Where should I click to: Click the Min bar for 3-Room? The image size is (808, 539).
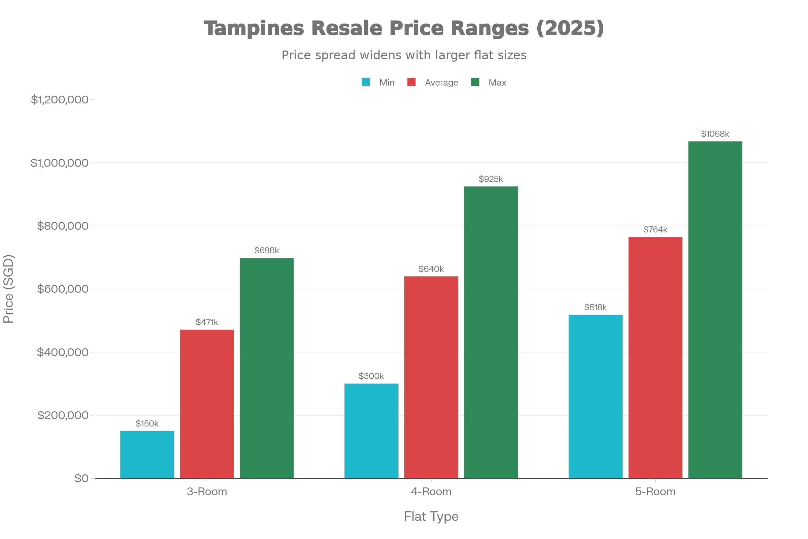click(x=147, y=454)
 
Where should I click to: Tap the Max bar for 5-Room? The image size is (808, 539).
click(x=715, y=309)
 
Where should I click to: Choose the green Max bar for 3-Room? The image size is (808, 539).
click(x=267, y=368)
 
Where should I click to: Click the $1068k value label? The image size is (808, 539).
click(x=715, y=134)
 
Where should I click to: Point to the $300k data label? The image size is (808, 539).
click(x=371, y=376)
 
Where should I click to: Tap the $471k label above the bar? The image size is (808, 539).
click(x=207, y=322)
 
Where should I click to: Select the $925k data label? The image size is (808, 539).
click(x=491, y=179)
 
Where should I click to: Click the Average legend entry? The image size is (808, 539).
click(x=441, y=83)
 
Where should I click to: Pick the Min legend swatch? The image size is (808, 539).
click(x=366, y=83)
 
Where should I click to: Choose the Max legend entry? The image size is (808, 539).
click(x=497, y=83)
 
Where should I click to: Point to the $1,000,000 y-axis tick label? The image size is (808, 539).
click(x=60, y=163)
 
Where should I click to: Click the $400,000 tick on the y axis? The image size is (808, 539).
click(x=63, y=352)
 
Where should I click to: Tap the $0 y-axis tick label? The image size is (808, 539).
click(x=81, y=478)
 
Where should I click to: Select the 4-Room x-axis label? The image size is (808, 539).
click(x=431, y=492)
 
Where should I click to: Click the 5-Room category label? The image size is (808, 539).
click(x=655, y=492)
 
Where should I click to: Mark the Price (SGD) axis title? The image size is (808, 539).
click(x=8, y=289)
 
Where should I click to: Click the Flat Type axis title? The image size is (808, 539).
click(x=431, y=517)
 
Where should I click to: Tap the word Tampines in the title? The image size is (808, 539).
click(x=254, y=28)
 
